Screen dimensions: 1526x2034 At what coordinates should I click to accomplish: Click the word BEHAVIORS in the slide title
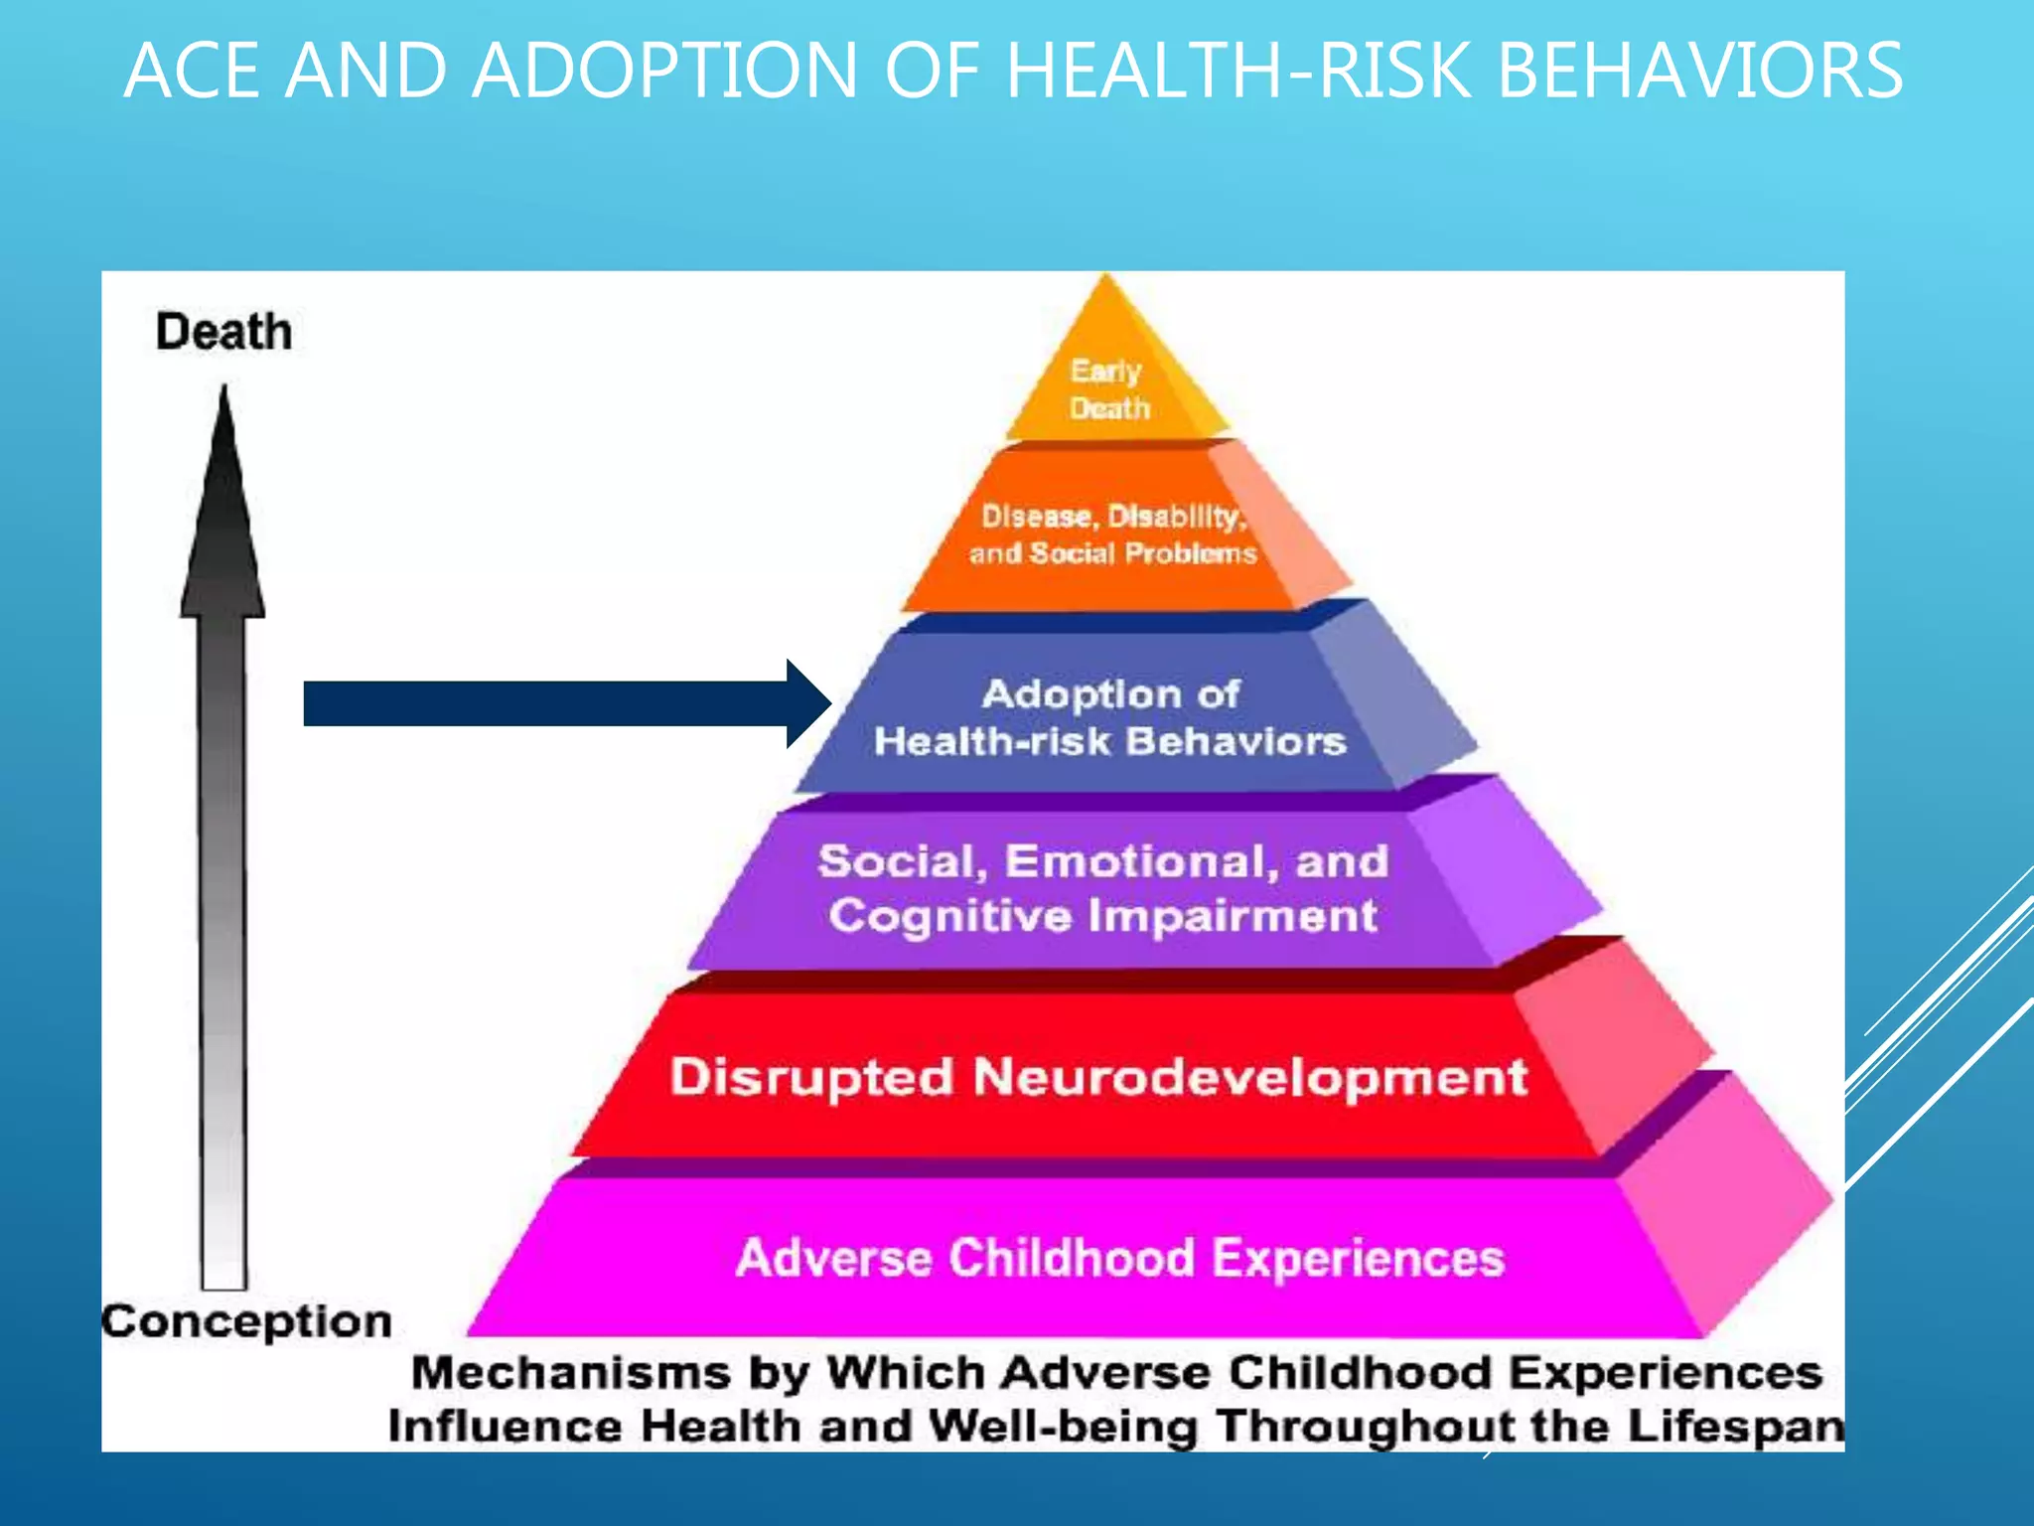coord(1699,72)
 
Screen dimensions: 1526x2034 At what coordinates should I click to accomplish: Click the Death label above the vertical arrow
coord(224,332)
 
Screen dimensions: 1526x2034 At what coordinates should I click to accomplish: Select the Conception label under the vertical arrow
coord(247,1322)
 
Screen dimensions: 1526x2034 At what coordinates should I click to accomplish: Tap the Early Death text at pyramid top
coord(1108,389)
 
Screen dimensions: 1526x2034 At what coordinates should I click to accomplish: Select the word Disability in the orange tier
coord(1176,517)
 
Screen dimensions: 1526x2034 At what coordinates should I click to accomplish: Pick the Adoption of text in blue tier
coord(1110,694)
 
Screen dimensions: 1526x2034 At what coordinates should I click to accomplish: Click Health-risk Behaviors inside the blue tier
coord(1110,742)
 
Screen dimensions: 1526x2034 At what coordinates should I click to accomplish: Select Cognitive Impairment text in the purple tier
coord(1103,916)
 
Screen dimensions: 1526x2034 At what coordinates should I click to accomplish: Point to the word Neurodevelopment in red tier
coord(1250,1078)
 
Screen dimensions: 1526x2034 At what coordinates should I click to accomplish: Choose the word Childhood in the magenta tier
coord(1072,1259)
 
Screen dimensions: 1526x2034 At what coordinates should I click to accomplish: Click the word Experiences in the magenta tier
coord(1359,1259)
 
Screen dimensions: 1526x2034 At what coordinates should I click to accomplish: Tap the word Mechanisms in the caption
coord(572,1374)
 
